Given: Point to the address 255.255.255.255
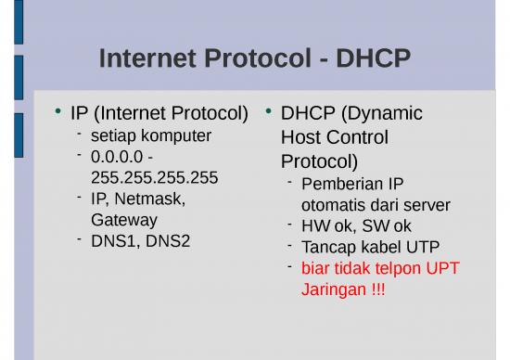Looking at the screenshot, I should tap(154, 176).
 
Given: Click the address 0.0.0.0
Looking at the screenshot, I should tap(119, 156).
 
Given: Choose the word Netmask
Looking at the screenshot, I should tap(150, 199).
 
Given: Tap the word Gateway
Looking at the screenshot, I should tap(124, 220).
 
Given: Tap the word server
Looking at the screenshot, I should tap(427, 204).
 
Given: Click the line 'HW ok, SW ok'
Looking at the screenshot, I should tap(356, 225).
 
